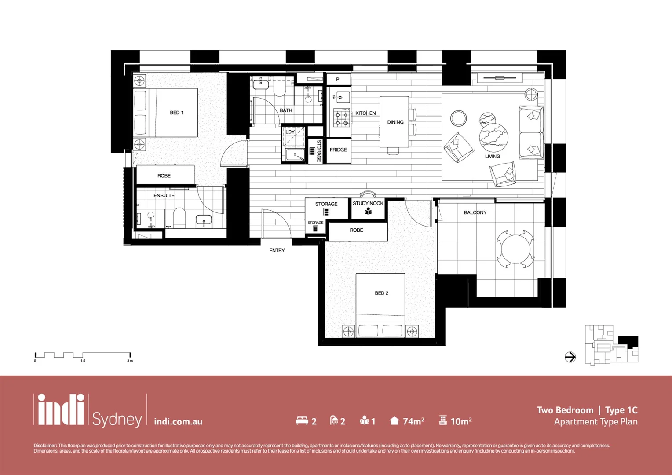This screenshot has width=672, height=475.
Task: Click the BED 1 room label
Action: click(x=176, y=113)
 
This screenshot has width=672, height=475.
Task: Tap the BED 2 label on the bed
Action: click(x=381, y=293)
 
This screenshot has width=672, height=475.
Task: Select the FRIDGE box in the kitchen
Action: click(x=338, y=150)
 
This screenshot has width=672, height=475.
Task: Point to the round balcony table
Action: click(x=515, y=249)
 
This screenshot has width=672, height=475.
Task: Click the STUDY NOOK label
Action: click(x=368, y=203)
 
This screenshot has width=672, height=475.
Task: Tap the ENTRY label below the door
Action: click(x=277, y=251)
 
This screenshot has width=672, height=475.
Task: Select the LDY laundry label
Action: click(x=290, y=132)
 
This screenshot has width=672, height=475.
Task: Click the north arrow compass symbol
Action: click(x=570, y=357)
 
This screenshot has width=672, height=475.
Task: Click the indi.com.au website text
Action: click(x=178, y=422)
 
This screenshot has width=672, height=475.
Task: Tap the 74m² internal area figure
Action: click(x=413, y=421)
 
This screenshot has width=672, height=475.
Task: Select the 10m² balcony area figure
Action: click(x=460, y=421)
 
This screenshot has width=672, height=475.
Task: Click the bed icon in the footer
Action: click(x=302, y=421)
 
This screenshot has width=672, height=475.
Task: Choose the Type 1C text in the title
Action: click(x=621, y=410)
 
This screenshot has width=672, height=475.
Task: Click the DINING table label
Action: click(x=395, y=122)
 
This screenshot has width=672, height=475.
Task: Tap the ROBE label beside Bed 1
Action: click(x=164, y=175)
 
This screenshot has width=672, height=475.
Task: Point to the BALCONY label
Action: click(x=475, y=212)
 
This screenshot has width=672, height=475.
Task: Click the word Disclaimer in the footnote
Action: click(x=45, y=446)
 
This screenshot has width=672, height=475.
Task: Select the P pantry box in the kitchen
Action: click(x=338, y=80)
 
